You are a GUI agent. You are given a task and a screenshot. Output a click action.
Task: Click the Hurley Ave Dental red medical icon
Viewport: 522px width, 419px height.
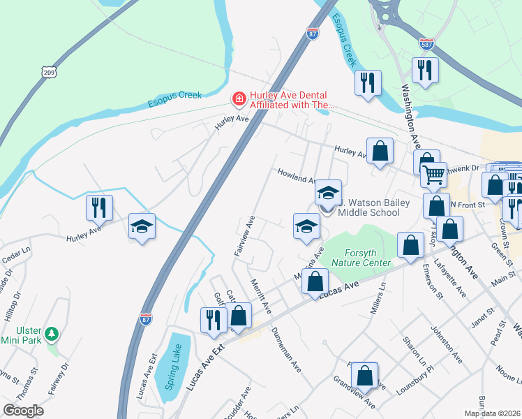(239, 100)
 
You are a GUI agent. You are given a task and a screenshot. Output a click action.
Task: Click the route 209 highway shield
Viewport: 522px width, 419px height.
(48, 72)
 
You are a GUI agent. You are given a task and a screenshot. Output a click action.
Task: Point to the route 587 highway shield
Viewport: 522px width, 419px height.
(428, 43)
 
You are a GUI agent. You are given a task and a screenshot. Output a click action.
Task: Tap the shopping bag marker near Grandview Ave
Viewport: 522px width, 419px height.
(364, 374)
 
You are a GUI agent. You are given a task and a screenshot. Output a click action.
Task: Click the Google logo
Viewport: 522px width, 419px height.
(23, 411)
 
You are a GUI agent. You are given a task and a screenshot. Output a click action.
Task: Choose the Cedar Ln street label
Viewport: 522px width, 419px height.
(17, 251)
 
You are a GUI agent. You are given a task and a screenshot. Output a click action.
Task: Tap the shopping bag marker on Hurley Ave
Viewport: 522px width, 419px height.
(380, 151)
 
